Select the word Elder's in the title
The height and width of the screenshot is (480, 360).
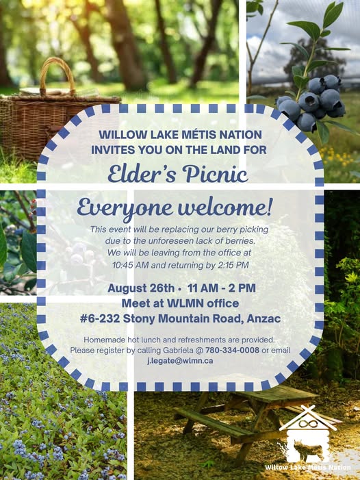(x=142, y=174)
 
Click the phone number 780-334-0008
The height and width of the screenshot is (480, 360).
(x=232, y=350)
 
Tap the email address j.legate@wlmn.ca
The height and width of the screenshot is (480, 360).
(x=180, y=361)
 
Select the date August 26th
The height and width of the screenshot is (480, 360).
(x=141, y=288)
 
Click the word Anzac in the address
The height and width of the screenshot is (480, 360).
(x=263, y=318)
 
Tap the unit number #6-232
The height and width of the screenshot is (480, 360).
(x=100, y=318)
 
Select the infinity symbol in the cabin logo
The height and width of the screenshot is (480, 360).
(x=307, y=424)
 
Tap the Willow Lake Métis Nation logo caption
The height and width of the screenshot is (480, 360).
(x=308, y=468)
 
